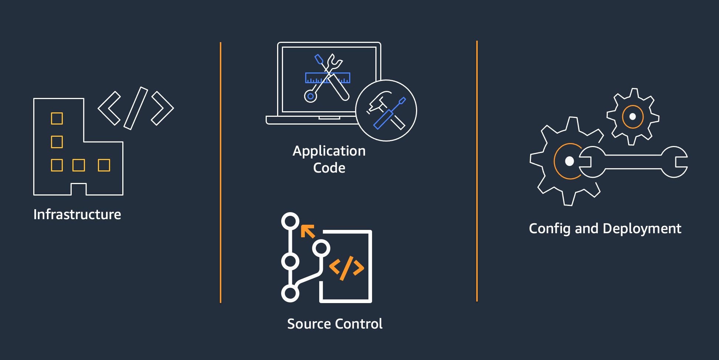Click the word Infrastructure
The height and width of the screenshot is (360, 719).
pos(77,214)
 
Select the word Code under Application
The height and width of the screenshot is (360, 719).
pos(329,168)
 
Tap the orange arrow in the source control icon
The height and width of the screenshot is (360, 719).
pos(307,231)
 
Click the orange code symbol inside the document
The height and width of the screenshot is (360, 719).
pos(346,268)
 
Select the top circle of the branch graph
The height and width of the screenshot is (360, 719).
pos(290,221)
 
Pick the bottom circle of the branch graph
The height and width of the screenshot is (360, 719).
pos(290,293)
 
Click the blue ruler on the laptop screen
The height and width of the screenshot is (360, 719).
pos(327,78)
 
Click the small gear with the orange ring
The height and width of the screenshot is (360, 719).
pos(633,116)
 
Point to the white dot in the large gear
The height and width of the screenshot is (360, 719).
pos(570,161)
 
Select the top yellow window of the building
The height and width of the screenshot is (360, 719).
pos(57,119)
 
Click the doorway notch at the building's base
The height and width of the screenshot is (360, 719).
pos(79,189)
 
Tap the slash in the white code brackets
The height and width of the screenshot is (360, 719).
pos(136,108)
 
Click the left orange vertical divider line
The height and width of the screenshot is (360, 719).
pos(221,173)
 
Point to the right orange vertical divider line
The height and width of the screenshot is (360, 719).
pos(477,171)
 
